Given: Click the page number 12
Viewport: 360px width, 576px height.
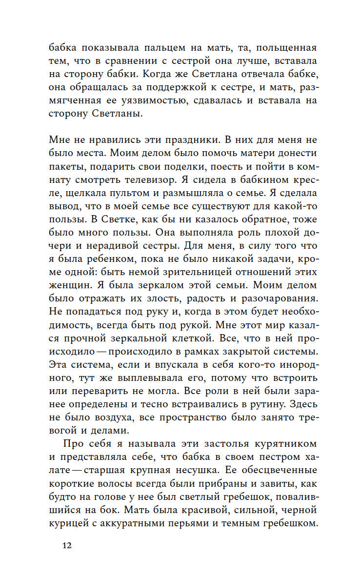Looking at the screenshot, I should point(67,545).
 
